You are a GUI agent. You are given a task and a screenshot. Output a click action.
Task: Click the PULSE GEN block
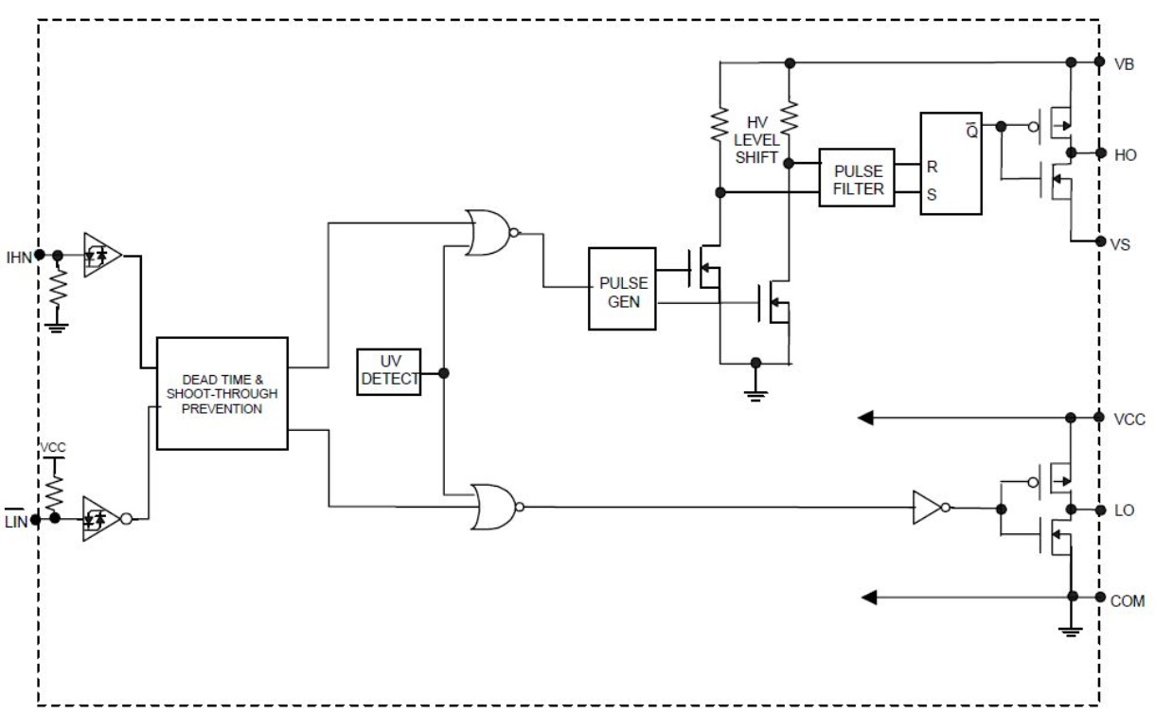click(622, 289)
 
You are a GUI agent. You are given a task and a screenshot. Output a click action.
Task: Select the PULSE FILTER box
click(857, 178)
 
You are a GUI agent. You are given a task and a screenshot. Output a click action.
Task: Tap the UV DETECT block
click(389, 372)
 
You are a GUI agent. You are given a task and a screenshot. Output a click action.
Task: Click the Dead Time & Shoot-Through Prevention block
click(222, 394)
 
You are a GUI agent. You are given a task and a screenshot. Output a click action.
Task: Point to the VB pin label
click(1124, 64)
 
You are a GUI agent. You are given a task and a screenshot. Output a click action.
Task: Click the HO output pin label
click(1125, 154)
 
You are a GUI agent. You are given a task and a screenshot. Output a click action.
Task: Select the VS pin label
click(1120, 244)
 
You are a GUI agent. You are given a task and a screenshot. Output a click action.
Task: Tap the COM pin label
click(1128, 601)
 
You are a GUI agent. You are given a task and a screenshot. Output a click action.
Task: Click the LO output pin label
click(1124, 510)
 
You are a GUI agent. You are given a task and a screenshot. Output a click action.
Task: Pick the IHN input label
click(19, 257)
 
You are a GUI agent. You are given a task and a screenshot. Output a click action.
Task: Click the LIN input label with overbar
click(15, 520)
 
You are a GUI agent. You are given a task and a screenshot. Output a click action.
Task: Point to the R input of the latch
click(932, 167)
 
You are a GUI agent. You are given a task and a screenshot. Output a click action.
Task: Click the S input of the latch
click(932, 194)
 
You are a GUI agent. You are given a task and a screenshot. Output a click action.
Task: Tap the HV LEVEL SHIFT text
click(756, 140)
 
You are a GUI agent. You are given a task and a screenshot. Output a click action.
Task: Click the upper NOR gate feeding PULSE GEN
click(490, 233)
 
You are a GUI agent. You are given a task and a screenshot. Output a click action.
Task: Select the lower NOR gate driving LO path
click(496, 507)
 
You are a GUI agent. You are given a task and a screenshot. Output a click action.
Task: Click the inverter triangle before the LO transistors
click(930, 508)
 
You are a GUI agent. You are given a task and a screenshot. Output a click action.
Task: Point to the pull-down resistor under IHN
click(58, 289)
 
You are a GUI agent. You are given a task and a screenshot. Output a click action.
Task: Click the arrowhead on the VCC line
click(865, 418)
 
